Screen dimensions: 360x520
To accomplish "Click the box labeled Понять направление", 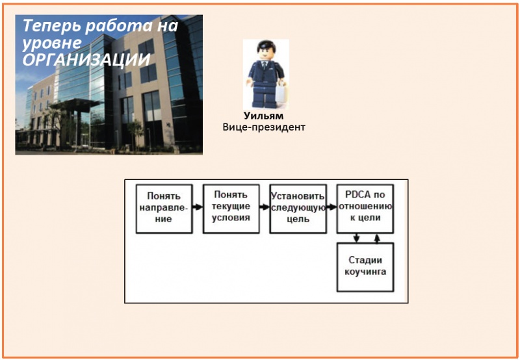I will tap(164, 208).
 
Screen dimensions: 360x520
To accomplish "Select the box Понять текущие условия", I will tap(231, 208).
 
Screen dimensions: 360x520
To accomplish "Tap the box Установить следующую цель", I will tap(298, 208).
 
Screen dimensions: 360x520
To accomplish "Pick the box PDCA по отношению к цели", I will tap(365, 208).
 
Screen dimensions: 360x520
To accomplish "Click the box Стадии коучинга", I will tap(365, 266).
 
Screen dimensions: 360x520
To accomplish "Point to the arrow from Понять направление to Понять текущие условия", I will tap(198, 207).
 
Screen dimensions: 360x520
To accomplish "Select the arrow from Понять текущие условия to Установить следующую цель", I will tap(265, 207).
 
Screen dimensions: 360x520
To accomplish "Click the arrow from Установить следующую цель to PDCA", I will tap(331, 207).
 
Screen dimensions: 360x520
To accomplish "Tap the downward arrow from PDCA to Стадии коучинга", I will tap(356, 237).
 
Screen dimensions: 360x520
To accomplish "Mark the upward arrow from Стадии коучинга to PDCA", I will tap(378, 237).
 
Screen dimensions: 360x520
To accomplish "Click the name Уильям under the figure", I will tap(263, 116).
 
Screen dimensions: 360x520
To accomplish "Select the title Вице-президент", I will tap(263, 127).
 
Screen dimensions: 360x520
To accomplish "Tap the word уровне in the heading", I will tap(52, 43).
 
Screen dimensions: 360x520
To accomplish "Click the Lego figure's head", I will tap(265, 51).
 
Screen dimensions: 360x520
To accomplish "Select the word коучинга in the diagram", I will tap(365, 272).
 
